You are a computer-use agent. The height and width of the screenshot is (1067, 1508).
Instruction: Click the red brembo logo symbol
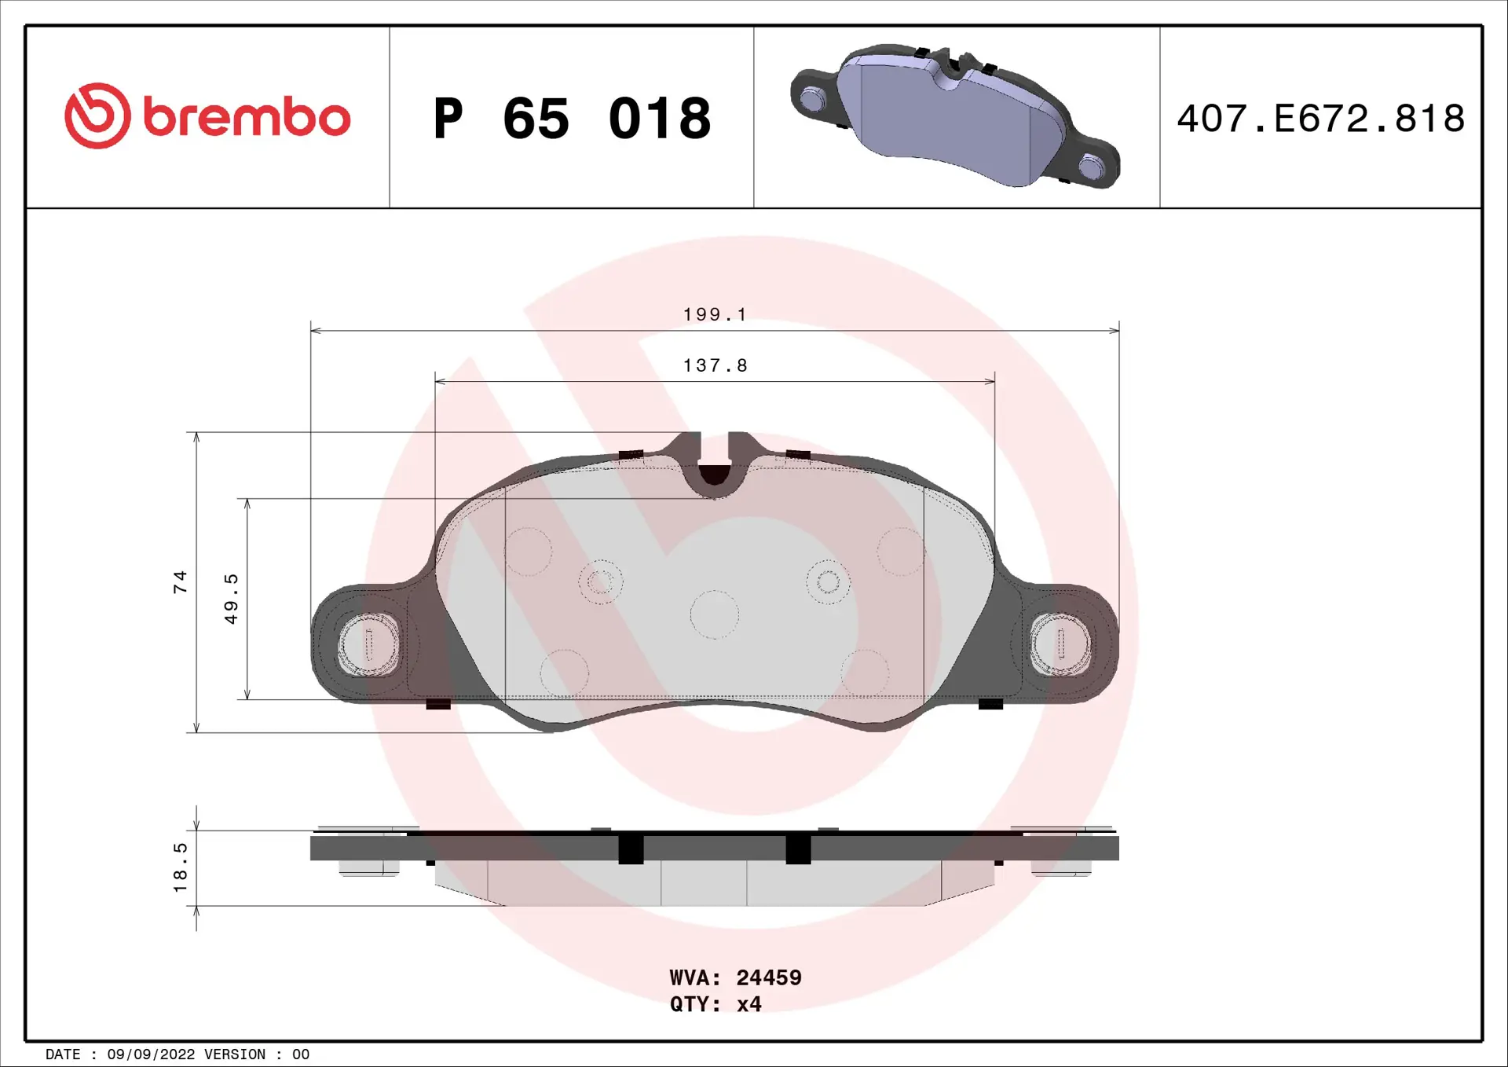click(97, 116)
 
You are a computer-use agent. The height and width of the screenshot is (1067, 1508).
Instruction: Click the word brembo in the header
click(247, 118)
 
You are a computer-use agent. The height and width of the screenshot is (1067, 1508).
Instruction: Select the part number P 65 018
click(572, 119)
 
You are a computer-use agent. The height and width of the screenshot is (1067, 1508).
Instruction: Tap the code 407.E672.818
click(1320, 119)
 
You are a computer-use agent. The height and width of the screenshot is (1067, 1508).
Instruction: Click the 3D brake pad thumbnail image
click(955, 116)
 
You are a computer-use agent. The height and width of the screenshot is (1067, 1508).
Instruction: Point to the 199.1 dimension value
click(714, 315)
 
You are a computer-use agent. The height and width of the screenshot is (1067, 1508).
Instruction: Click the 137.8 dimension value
click(715, 366)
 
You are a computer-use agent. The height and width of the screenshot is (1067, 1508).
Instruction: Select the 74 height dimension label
click(181, 582)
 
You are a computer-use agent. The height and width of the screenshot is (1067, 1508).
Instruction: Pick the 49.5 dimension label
click(231, 599)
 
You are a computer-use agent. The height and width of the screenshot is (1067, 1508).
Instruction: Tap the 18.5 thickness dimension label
click(181, 867)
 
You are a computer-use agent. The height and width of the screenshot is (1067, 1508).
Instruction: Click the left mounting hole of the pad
click(368, 644)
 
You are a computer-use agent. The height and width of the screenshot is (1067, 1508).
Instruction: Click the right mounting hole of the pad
click(1060, 643)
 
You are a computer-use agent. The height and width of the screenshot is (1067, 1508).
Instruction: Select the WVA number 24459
click(768, 977)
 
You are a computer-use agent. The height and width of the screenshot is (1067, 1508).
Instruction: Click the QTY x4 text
click(716, 1004)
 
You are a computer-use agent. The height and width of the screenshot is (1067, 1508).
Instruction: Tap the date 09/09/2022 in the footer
click(151, 1054)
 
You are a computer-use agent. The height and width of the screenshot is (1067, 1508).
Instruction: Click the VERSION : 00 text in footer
click(257, 1054)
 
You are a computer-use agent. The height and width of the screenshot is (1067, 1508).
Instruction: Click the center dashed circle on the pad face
click(714, 614)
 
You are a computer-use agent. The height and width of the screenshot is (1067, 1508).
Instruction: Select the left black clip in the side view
click(631, 849)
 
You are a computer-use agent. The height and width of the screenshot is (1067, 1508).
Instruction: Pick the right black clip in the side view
click(798, 849)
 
